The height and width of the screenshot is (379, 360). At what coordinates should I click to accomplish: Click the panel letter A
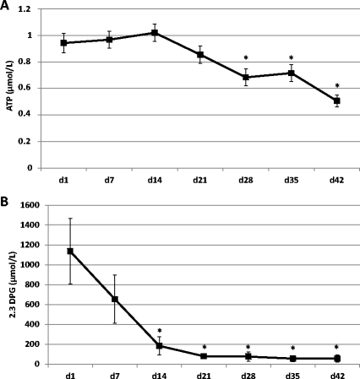tap(6, 7)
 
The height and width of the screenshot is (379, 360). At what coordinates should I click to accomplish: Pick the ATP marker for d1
tap(63, 43)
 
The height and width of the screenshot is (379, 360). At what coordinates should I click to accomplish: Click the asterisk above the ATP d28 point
tap(246, 58)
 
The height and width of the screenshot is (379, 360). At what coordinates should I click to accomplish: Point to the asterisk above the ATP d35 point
tap(292, 53)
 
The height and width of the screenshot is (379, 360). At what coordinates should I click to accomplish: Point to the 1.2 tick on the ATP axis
tap(32, 9)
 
